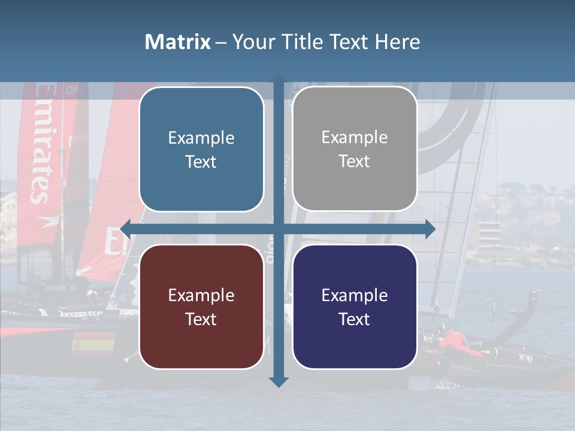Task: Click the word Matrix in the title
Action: coord(177,42)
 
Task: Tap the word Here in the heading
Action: coord(397,42)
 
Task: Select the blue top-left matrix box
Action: coord(201,149)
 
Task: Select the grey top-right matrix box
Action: coord(355,149)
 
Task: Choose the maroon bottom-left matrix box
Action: coord(201,306)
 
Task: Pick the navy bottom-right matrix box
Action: coord(355,306)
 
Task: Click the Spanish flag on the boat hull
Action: coord(93,344)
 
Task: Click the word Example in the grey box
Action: coord(355,137)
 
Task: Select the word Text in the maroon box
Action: coord(201,319)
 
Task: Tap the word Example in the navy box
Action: coord(355,295)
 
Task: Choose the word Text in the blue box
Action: coord(201,162)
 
